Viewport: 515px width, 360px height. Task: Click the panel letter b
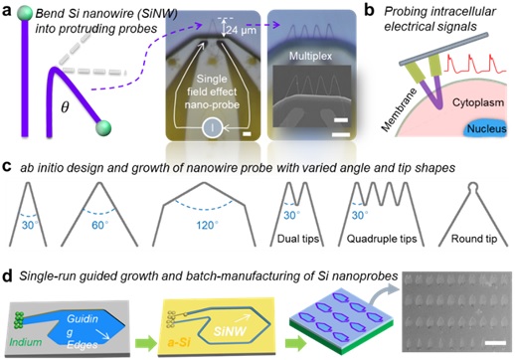[369, 11]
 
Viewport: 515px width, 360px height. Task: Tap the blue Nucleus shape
[486, 128]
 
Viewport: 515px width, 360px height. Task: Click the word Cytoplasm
[478, 102]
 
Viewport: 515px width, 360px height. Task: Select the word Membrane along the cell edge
[399, 110]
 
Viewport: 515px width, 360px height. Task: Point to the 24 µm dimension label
[242, 30]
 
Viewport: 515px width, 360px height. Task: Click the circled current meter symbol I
[213, 127]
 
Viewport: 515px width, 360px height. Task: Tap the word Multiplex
[310, 56]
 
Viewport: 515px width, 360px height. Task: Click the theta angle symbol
[65, 107]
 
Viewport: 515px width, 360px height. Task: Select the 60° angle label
[100, 226]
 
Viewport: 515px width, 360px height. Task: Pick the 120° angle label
[207, 226]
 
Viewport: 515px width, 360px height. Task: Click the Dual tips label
[298, 239]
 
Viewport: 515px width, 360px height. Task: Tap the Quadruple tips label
[382, 239]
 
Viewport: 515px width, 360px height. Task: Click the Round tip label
[474, 239]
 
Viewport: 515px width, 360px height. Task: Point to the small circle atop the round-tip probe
[473, 187]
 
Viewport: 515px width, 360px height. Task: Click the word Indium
[26, 342]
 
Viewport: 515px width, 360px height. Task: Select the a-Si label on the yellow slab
[179, 342]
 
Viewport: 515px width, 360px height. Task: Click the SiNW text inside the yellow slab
[230, 331]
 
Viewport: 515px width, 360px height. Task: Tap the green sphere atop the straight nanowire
[25, 14]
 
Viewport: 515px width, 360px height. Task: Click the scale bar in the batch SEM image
[495, 342]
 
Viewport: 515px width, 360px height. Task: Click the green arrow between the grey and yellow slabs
[145, 343]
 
